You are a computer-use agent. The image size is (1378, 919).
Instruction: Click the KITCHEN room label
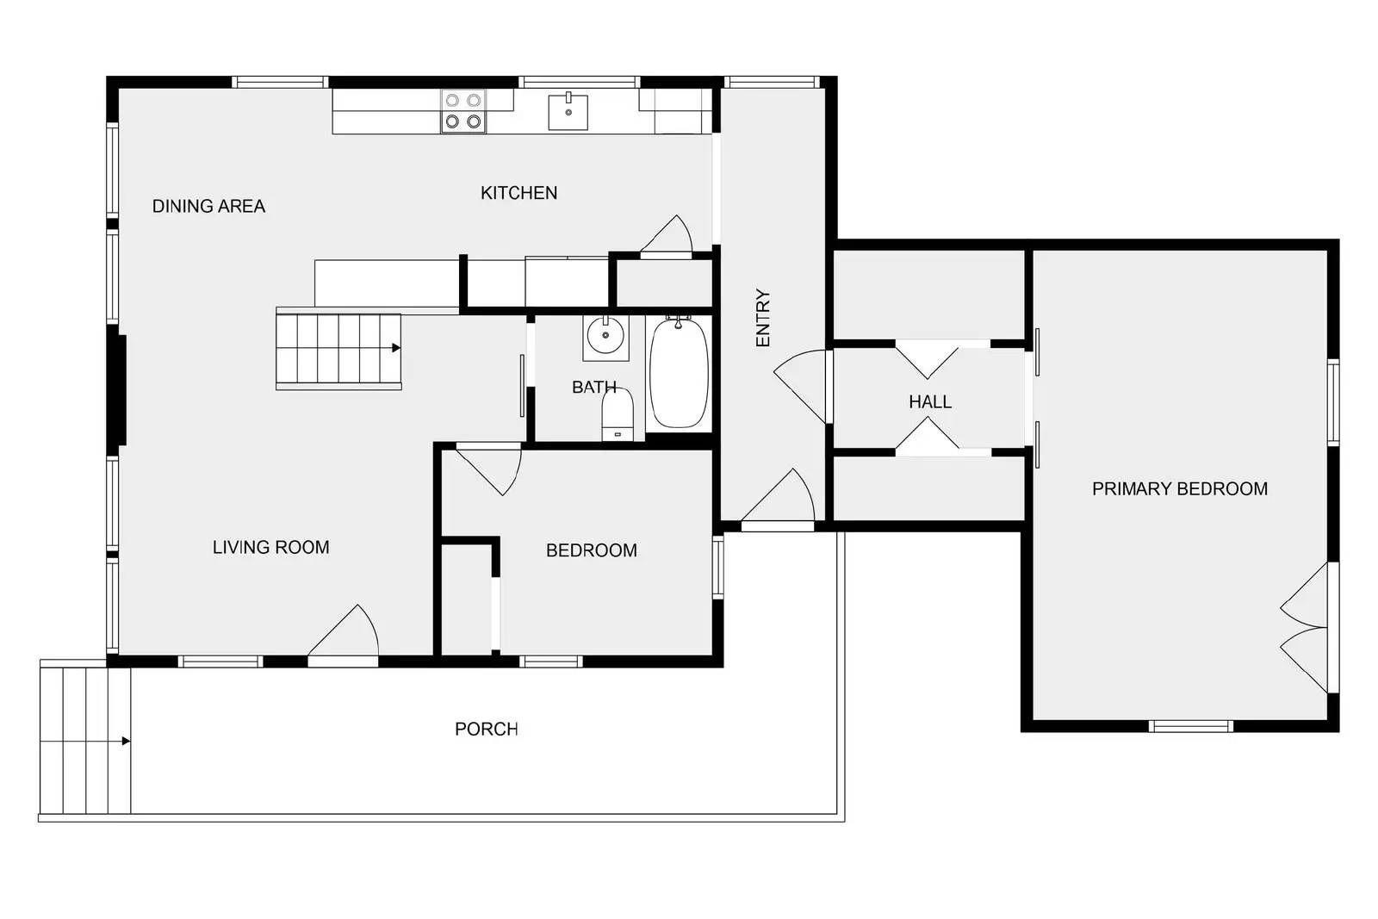tap(518, 193)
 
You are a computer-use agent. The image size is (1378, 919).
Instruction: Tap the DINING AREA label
tap(208, 206)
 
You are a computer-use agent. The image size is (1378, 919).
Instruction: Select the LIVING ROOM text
tap(270, 548)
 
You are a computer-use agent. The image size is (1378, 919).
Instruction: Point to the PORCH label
tap(486, 730)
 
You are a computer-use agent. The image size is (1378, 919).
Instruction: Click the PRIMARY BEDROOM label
tap(1179, 489)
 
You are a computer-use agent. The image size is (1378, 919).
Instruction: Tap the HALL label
tap(930, 402)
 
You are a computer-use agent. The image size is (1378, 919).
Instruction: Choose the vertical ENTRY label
tap(763, 318)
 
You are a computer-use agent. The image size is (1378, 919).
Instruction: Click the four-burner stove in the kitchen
tap(463, 111)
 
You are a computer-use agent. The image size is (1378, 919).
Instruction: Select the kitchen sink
tap(568, 111)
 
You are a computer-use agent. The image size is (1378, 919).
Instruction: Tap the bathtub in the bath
tap(679, 372)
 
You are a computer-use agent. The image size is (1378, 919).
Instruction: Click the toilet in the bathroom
tap(617, 414)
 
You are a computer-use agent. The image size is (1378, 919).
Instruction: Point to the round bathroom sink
tap(605, 336)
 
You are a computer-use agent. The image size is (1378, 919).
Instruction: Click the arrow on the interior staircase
tap(396, 348)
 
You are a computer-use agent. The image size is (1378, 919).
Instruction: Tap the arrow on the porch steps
tap(126, 742)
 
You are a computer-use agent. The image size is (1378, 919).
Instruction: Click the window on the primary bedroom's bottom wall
tap(1191, 726)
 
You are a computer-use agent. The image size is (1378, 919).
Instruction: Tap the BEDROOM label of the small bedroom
tap(591, 550)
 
